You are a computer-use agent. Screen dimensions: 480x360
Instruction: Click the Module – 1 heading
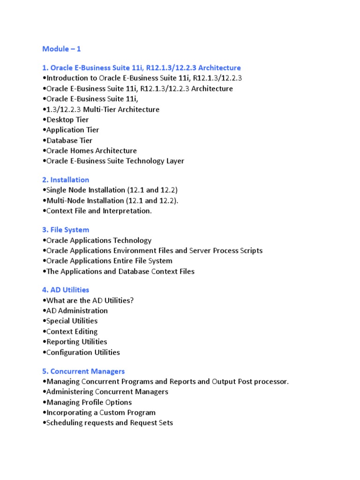(x=61, y=49)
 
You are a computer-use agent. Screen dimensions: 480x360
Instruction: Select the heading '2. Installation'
(x=66, y=180)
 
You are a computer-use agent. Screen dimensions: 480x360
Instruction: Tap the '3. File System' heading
(x=66, y=230)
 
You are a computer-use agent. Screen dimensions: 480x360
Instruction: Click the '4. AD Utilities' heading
(x=66, y=290)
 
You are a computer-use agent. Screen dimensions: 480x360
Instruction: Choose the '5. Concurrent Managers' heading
(x=83, y=371)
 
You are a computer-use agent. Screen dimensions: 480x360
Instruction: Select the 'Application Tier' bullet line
(x=72, y=130)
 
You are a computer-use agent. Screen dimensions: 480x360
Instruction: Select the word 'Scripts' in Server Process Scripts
(x=251, y=250)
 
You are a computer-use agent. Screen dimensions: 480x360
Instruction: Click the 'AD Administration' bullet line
(x=76, y=310)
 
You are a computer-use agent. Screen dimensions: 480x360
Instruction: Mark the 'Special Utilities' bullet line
(x=72, y=321)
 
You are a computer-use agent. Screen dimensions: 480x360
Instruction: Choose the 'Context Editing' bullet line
(x=72, y=331)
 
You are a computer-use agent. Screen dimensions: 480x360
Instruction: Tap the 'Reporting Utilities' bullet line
(x=76, y=342)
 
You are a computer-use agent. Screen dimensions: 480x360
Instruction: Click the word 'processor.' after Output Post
(x=271, y=382)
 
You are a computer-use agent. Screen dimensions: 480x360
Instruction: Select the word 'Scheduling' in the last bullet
(x=65, y=423)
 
